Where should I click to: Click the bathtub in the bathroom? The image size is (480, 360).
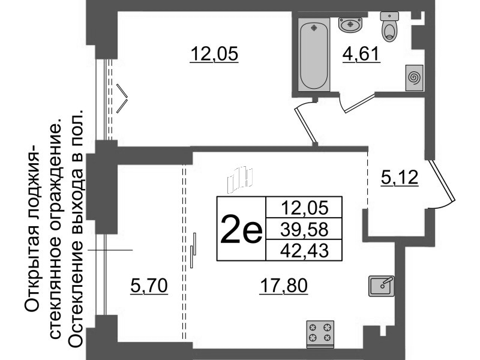tap(314, 54)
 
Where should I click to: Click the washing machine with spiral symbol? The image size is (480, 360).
tap(414, 78)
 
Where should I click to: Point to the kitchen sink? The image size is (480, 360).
tap(381, 286)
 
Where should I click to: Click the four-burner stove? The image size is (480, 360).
tap(320, 334)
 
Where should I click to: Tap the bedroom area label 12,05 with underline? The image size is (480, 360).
tap(214, 55)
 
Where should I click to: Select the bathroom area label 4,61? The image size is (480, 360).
tap(361, 55)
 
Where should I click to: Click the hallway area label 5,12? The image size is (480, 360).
tap(400, 178)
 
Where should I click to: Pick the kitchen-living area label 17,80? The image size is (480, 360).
tap(283, 286)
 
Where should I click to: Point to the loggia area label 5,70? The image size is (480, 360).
tap(149, 286)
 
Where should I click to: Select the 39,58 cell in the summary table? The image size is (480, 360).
tap(304, 229)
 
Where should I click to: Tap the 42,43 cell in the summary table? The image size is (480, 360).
tap(304, 250)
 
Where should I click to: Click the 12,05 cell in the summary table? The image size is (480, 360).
tap(304, 208)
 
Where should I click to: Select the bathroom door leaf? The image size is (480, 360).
tap(359, 103)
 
